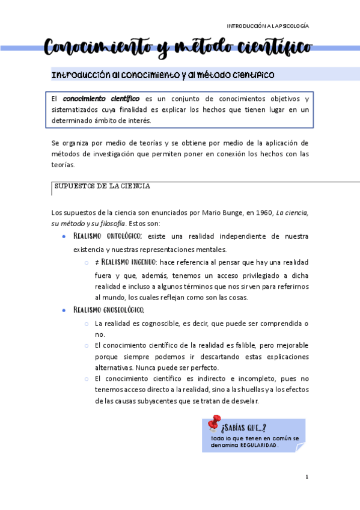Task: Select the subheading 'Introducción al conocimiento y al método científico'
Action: coord(163,75)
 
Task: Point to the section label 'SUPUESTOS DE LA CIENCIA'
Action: coord(102,186)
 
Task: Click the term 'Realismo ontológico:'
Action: coord(111,236)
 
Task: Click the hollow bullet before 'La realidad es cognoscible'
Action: coord(87,324)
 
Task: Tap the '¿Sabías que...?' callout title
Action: coord(244,428)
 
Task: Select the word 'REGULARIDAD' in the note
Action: coord(259,446)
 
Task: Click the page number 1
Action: coord(307,477)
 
